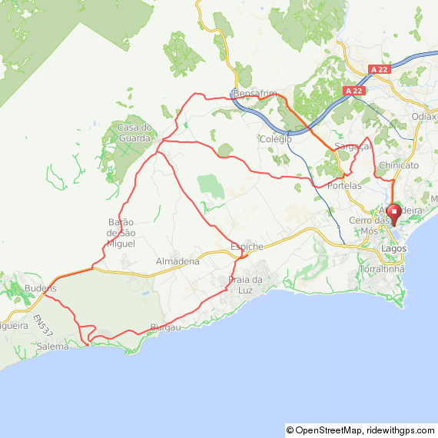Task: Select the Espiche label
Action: click(x=247, y=247)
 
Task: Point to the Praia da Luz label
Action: click(x=246, y=284)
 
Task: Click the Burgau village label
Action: click(x=167, y=327)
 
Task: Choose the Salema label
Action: click(x=52, y=347)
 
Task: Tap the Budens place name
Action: click(x=41, y=289)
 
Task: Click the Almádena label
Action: click(x=178, y=261)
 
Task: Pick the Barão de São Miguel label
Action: click(x=121, y=233)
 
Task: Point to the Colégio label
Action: click(x=276, y=139)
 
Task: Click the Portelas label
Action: click(x=343, y=186)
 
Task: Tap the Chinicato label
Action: click(x=399, y=165)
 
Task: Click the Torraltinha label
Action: click(x=382, y=270)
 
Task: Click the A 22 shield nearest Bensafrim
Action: click(x=353, y=91)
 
